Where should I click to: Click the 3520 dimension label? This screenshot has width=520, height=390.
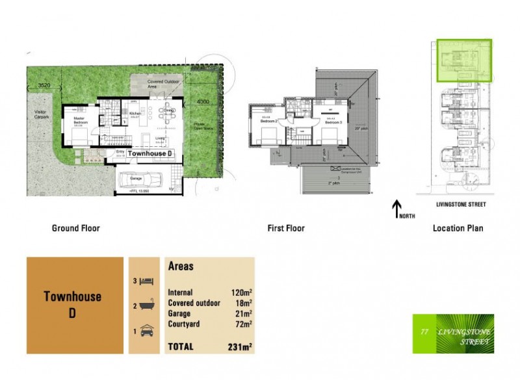coord(44,85)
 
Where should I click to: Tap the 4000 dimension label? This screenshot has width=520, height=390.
coord(203,102)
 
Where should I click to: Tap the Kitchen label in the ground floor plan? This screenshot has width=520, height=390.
coord(135,114)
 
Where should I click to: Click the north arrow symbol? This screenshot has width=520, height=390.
coord(396,208)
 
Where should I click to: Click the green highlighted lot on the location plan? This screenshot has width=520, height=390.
coord(464,60)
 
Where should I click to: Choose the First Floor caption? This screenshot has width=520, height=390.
coord(286,228)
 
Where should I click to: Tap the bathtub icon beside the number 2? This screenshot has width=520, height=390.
coord(146,305)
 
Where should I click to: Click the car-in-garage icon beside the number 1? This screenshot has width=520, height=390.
coord(146,330)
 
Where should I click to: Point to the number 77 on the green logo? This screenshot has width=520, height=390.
coord(424,332)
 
